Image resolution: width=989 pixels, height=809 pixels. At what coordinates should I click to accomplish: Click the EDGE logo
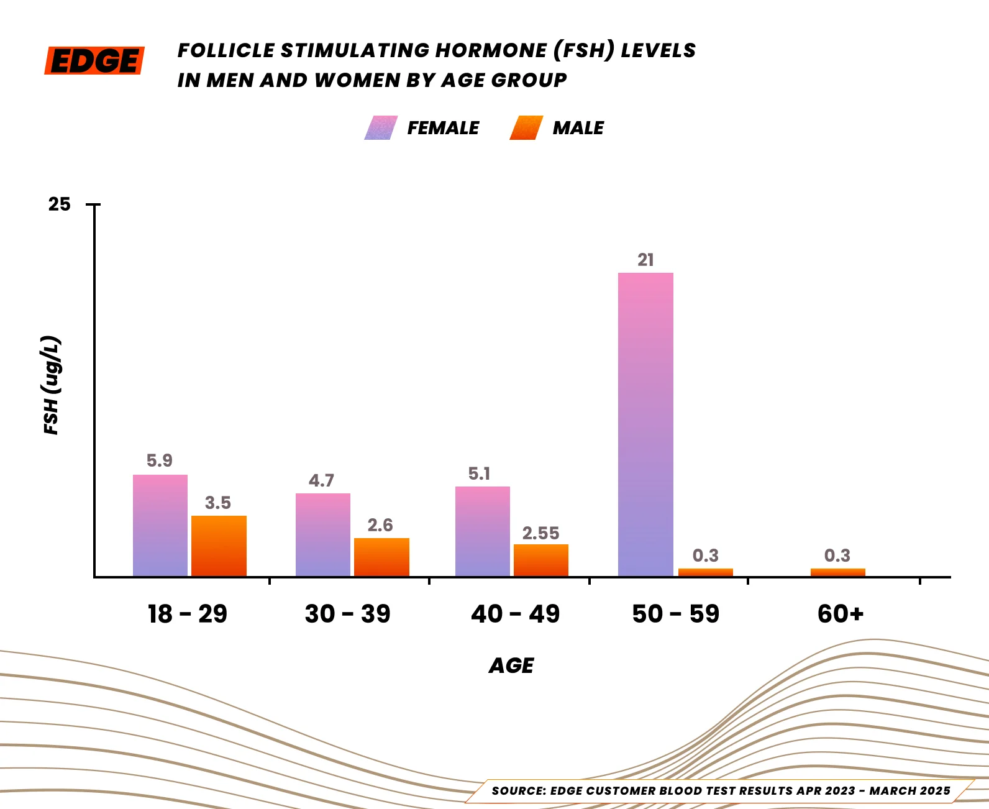(x=94, y=61)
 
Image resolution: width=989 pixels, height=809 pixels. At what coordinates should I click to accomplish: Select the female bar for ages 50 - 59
(x=645, y=424)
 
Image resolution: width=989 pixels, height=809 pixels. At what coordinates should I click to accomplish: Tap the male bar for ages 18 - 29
(x=219, y=546)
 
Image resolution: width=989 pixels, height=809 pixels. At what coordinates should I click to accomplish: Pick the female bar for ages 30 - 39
(x=322, y=534)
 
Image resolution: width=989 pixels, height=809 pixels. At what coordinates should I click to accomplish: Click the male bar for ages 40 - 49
(x=540, y=560)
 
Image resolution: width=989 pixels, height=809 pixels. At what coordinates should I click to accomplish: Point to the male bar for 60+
(x=837, y=572)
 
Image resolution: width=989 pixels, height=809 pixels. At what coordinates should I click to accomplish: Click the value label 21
(x=645, y=260)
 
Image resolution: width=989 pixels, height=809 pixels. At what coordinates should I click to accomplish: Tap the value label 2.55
(x=540, y=533)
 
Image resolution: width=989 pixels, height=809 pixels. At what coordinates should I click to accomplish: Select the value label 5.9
(x=160, y=460)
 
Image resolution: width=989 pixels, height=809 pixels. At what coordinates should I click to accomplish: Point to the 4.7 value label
(x=322, y=480)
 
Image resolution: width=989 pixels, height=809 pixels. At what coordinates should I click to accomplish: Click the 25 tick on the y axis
(x=60, y=204)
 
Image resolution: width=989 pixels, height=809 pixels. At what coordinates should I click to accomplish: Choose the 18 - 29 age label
(x=188, y=614)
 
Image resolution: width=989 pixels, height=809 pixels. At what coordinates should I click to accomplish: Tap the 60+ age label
(x=841, y=614)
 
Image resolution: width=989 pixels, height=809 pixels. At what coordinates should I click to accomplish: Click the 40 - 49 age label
(x=515, y=614)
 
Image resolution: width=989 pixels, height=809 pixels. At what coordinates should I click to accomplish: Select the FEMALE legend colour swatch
(x=381, y=128)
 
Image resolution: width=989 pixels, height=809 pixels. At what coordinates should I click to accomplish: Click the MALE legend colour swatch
(x=526, y=128)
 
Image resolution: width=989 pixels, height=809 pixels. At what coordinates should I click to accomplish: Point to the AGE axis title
(x=511, y=665)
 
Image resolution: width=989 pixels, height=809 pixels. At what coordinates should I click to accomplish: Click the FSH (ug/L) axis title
(x=52, y=385)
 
